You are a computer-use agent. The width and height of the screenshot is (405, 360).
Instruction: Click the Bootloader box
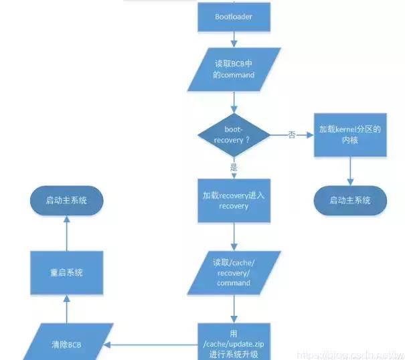(x=234, y=17)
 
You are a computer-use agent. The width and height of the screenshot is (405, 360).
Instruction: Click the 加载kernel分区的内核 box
(x=349, y=136)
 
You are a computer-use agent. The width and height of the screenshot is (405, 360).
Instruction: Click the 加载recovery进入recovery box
(x=234, y=201)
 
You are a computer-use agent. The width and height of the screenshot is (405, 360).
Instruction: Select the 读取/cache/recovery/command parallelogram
(x=234, y=273)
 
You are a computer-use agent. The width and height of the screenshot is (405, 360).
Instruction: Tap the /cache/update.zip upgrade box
(x=234, y=343)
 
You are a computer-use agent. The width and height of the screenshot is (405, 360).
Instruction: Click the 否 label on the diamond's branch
(x=291, y=135)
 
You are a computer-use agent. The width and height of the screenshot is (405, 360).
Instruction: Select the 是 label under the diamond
(x=233, y=167)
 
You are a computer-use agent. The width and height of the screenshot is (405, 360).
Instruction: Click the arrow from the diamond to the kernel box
(x=295, y=135)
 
